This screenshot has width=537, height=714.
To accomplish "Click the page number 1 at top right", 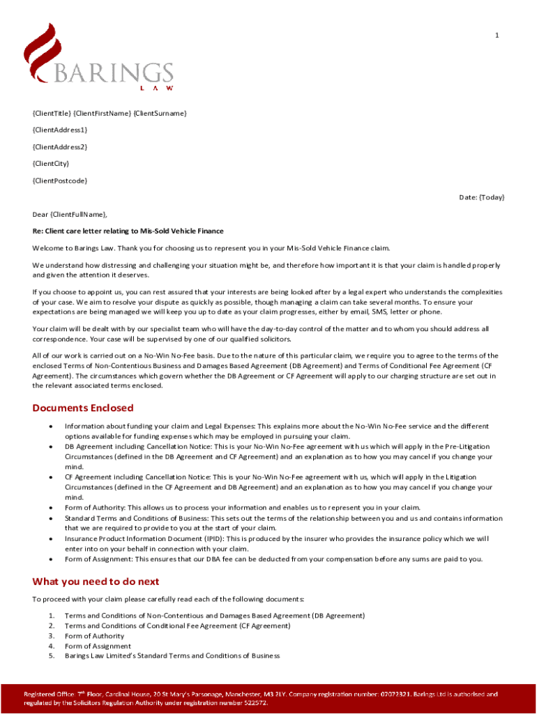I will click(497, 36).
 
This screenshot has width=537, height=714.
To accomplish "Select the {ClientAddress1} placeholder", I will click(60, 130).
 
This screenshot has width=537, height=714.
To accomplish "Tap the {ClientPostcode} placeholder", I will click(60, 181).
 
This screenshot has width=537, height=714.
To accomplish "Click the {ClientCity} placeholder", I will click(51, 164).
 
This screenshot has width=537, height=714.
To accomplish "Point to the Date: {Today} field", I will click(481, 197).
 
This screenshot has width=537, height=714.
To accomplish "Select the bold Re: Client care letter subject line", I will click(128, 231).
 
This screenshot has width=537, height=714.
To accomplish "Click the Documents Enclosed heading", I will click(83, 408).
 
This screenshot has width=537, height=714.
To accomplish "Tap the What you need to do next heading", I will click(96, 582).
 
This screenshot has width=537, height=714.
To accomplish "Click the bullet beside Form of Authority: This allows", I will click(51, 508).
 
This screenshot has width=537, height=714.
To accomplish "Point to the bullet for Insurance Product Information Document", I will click(51, 539).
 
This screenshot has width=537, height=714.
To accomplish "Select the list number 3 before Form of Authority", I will click(51, 636).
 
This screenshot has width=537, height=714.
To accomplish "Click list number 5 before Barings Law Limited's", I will click(51, 656).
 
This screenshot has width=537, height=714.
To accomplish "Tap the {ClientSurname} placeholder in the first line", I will click(160, 113).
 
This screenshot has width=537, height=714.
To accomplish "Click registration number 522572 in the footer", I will click(253, 703).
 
